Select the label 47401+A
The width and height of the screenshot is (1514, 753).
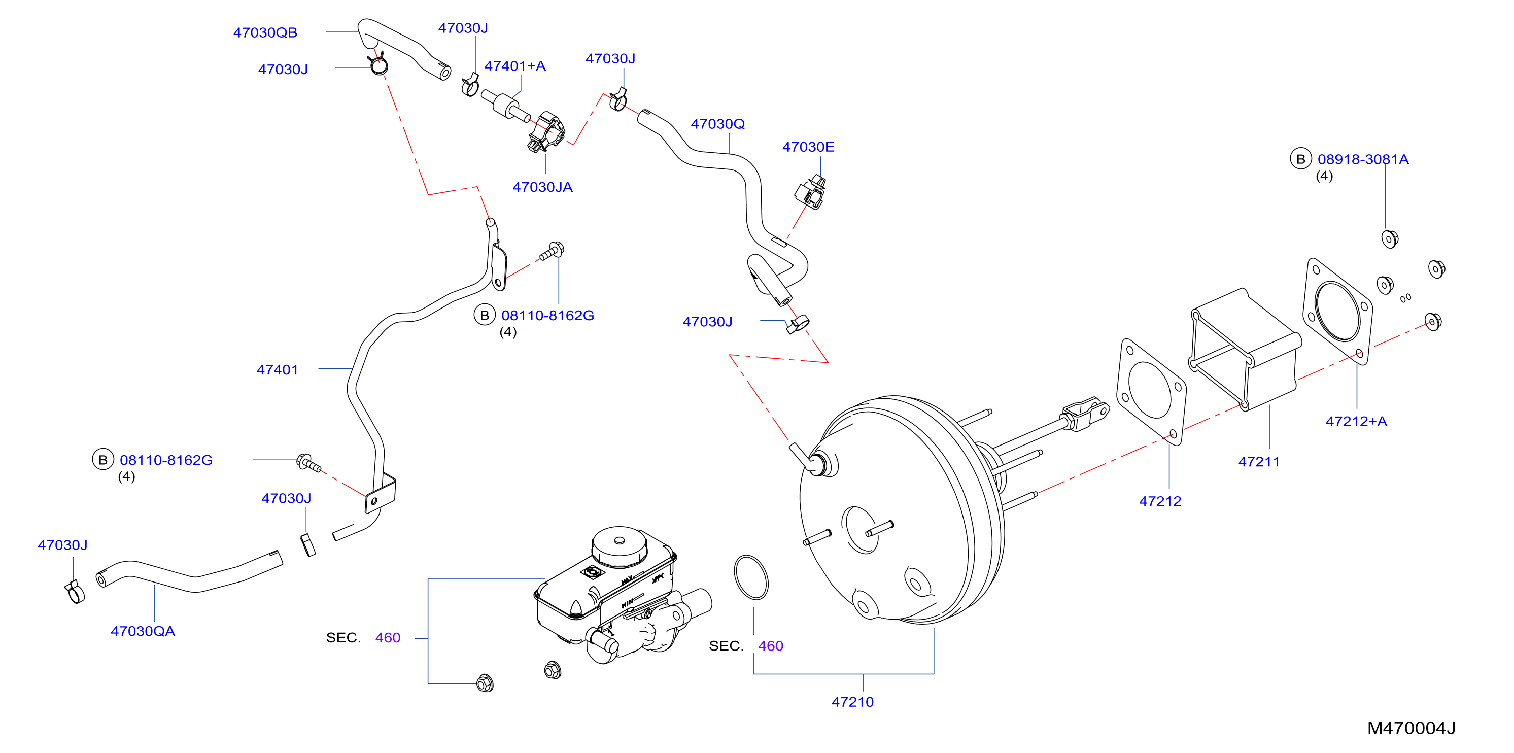(x=515, y=66)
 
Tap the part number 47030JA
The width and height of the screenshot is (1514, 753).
(x=542, y=187)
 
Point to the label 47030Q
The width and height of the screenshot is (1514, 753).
(x=717, y=124)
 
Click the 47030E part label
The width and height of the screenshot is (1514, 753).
(x=808, y=147)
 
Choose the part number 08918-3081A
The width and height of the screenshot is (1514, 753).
(x=1363, y=159)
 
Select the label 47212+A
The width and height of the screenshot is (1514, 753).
(x=1356, y=422)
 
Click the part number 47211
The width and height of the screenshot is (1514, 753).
(x=1259, y=462)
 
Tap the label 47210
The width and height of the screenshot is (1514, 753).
(x=852, y=702)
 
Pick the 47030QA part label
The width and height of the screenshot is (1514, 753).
(x=143, y=631)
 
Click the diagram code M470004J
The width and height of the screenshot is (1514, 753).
(x=1411, y=728)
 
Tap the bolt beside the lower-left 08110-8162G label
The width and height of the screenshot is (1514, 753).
(x=308, y=463)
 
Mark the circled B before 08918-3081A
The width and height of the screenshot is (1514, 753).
(x=1301, y=159)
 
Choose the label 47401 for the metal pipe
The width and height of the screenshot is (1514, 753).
(x=278, y=370)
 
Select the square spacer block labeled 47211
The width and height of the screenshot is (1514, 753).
(x=1245, y=349)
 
